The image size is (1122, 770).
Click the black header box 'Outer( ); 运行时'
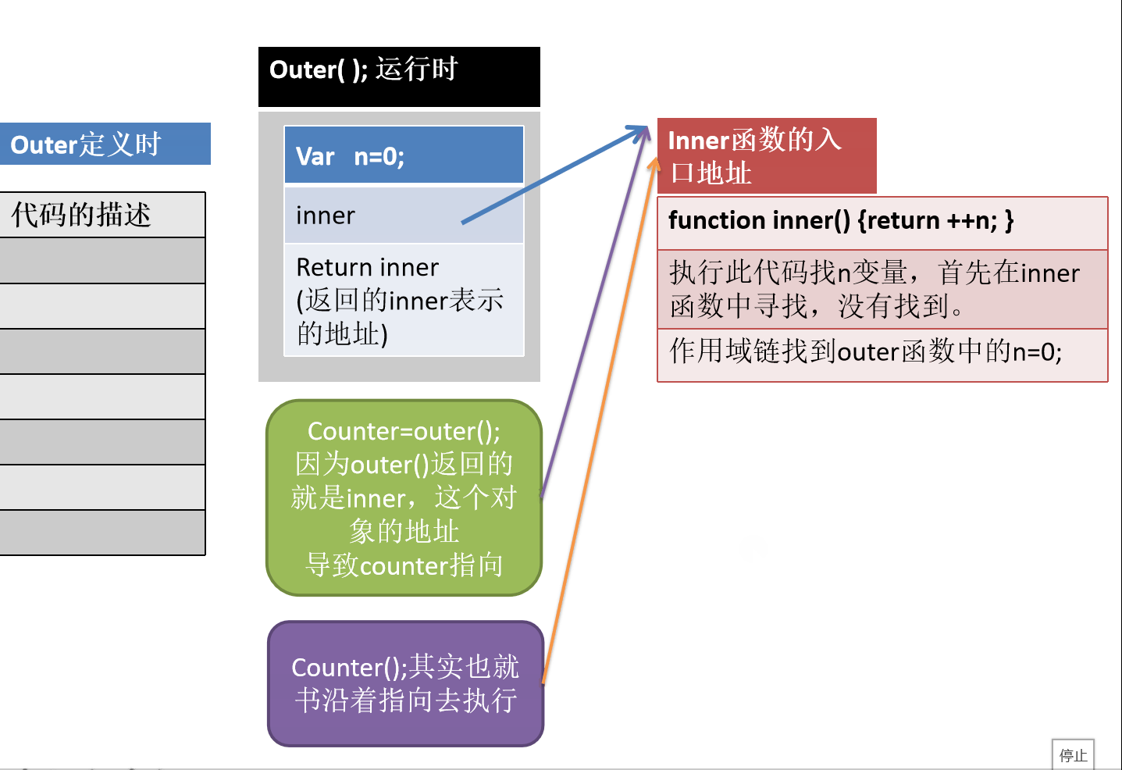pyautogui.click(x=399, y=76)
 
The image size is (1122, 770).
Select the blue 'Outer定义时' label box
pyautogui.click(x=105, y=144)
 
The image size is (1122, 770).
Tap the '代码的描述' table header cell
pyautogui.click(x=102, y=215)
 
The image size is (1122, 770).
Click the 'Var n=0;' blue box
pyautogui.click(x=404, y=155)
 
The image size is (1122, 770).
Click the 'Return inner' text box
pyautogui.click(x=404, y=300)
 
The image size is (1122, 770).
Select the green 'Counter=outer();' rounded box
pyautogui.click(x=404, y=497)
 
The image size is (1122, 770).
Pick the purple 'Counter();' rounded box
pyautogui.click(x=405, y=683)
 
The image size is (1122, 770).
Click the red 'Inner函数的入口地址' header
pyautogui.click(x=766, y=155)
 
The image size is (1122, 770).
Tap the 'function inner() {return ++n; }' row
pyautogui.click(x=882, y=222)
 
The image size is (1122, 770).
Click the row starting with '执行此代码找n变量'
pyautogui.click(x=882, y=289)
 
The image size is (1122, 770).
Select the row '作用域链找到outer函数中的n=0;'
pyautogui.click(x=882, y=354)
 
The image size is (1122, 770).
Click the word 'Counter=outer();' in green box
pyautogui.click(x=404, y=431)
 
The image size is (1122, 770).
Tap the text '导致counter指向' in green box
pyautogui.click(x=404, y=565)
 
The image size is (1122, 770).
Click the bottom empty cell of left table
pyautogui.click(x=102, y=533)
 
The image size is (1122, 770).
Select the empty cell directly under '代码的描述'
pyautogui.click(x=102, y=260)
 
